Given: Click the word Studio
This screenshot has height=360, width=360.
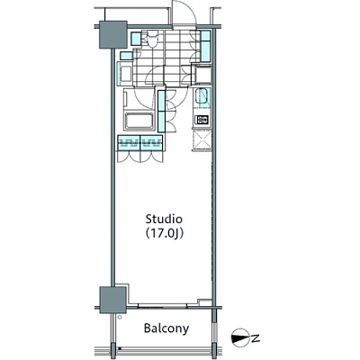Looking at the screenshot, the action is coord(164,220).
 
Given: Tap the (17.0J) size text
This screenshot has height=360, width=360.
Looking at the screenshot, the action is coord(164,234).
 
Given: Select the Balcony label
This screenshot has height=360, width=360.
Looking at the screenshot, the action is coord(166,328).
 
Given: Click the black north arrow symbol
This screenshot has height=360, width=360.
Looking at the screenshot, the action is coord(240,338).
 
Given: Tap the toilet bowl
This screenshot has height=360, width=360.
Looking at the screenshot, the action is coord(149,39).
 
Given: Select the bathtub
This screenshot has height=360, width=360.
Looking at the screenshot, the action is coord(139,121).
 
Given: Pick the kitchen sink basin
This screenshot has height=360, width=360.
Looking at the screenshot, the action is coord(202,96).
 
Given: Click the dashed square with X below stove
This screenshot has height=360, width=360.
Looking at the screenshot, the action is coord(202,140).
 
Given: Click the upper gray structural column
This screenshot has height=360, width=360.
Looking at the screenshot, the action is coord(112,34).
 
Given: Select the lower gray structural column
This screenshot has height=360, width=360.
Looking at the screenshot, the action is coord(112,300).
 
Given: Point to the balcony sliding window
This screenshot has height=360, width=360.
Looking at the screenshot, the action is coord(162,307).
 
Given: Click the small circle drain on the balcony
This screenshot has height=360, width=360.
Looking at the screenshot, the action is coord(120,317).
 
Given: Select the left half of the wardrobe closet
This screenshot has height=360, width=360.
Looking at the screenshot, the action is coord(129,143).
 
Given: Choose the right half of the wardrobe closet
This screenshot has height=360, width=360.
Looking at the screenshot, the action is coord(151,143).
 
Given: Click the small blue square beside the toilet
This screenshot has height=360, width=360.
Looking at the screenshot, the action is coord(136,39).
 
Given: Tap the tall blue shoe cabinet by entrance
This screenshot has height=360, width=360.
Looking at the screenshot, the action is coord(205,46).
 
